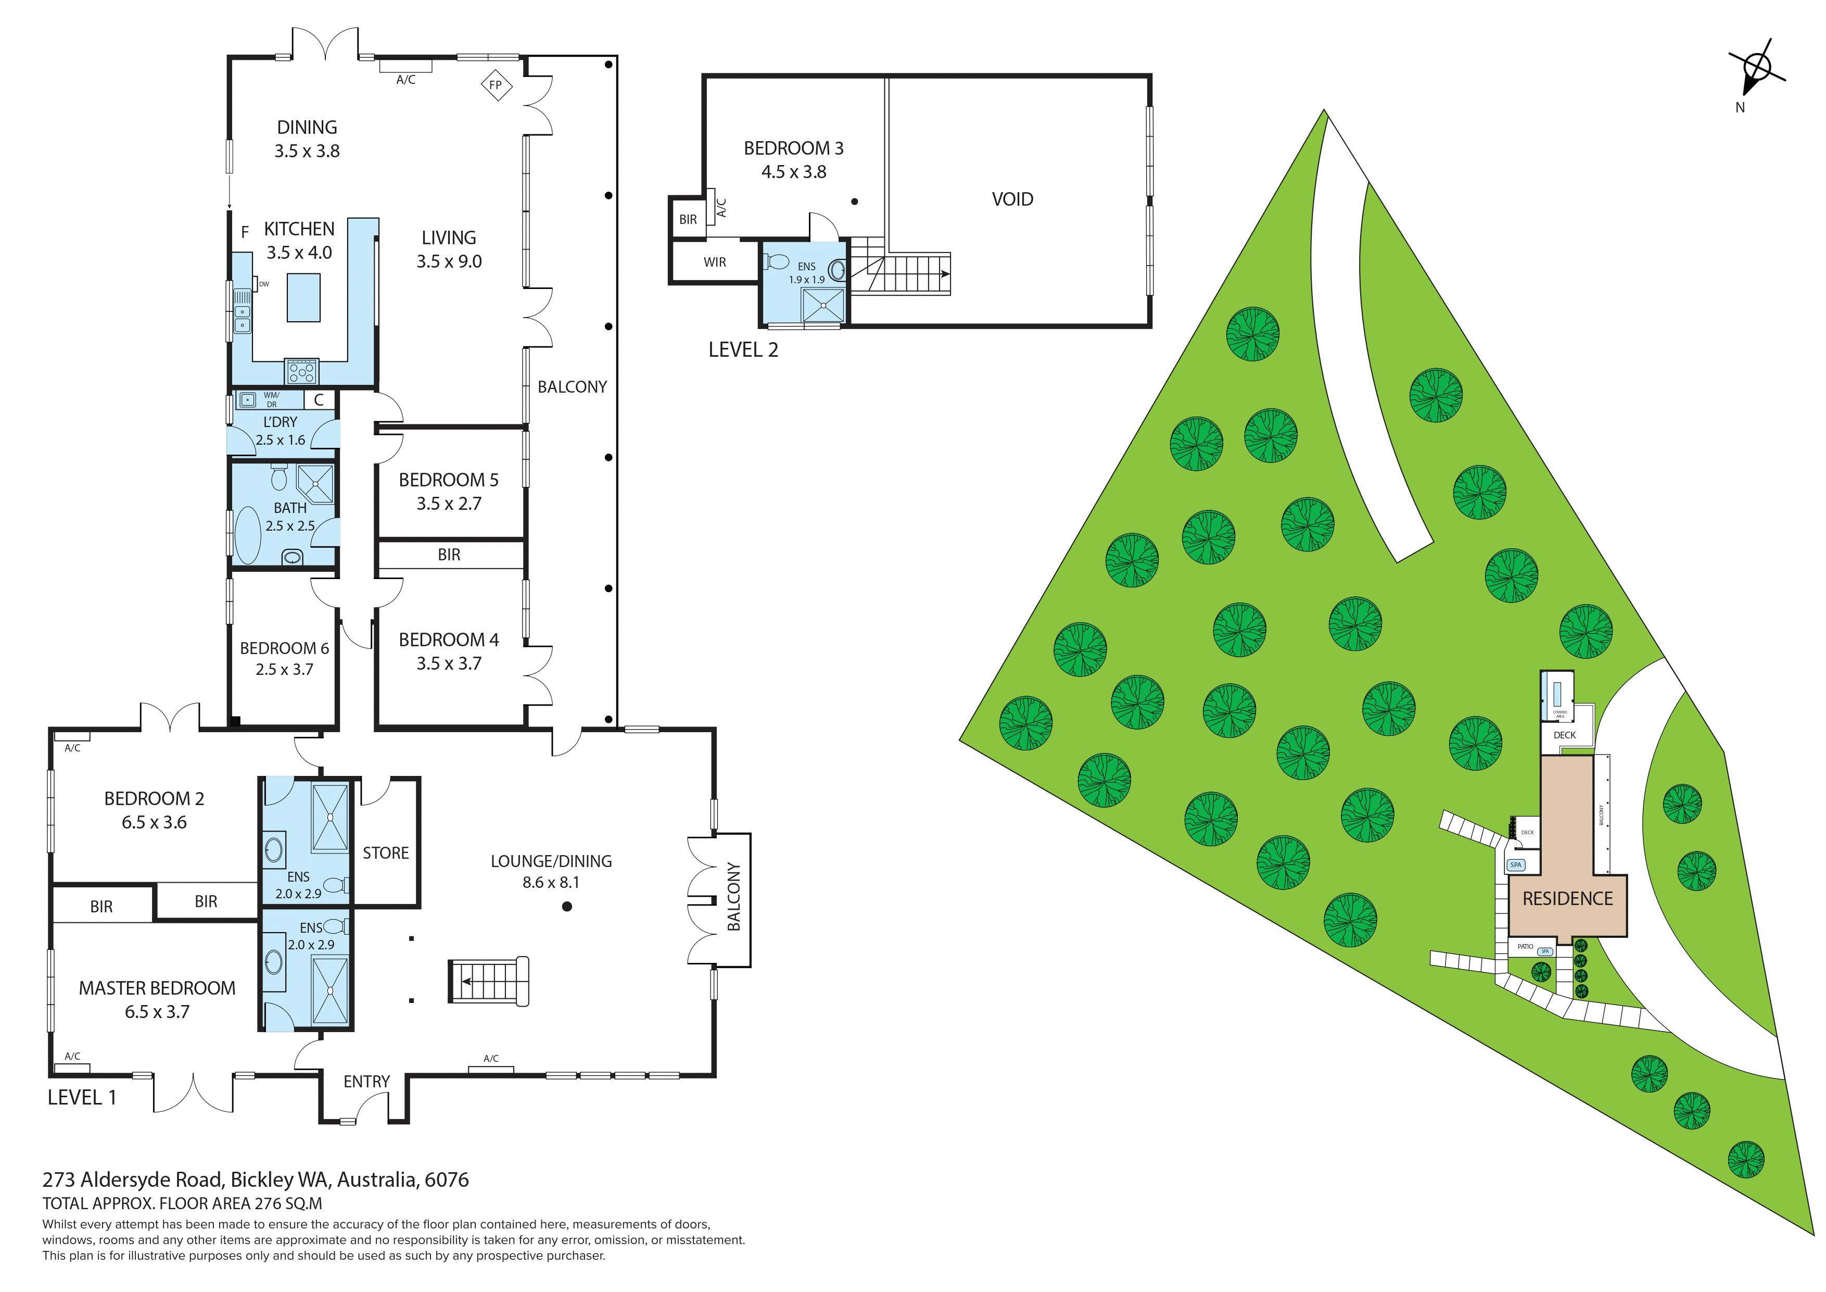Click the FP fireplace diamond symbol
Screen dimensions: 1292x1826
pyautogui.click(x=496, y=85)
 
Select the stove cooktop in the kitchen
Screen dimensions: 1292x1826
pyautogui.click(x=302, y=371)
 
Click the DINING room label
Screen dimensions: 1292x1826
pyautogui.click(x=307, y=127)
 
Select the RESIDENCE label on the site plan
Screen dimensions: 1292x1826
pyautogui.click(x=1567, y=899)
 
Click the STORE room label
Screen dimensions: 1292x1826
pyautogui.click(x=386, y=853)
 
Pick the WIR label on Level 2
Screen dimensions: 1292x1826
pyautogui.click(x=714, y=262)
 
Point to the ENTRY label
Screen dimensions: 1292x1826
pyautogui.click(x=366, y=1081)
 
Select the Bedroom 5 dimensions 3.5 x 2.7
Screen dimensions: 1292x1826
pyautogui.click(x=449, y=504)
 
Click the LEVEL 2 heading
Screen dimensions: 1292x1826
pyautogui.click(x=743, y=350)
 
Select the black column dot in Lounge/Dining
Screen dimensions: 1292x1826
pyautogui.click(x=567, y=906)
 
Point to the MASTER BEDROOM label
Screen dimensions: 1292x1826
pyautogui.click(x=157, y=988)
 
